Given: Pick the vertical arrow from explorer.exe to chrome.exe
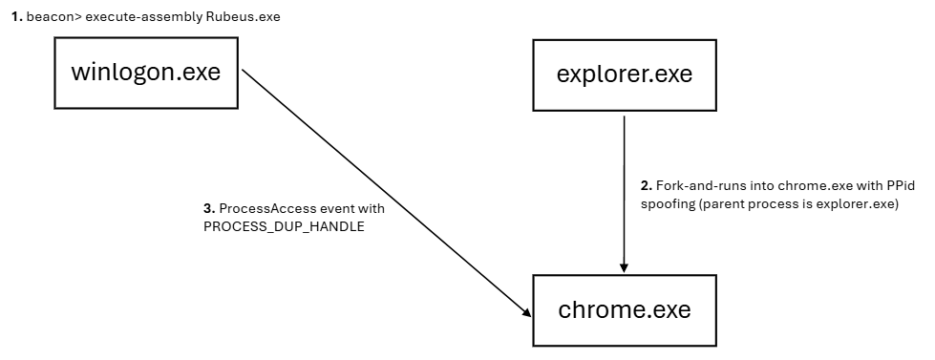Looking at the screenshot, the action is coord(625,194).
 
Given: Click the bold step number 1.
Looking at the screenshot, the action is coord(17,16).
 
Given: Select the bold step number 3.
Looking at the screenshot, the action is coord(209,208).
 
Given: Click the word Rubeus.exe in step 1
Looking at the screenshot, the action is coord(243,16).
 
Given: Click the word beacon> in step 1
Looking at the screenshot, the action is coord(54,16).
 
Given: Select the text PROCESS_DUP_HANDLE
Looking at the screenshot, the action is coord(284,227).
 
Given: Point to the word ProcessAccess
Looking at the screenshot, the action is coord(258,208).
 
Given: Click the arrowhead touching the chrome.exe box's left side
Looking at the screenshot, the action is coord(526,312).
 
